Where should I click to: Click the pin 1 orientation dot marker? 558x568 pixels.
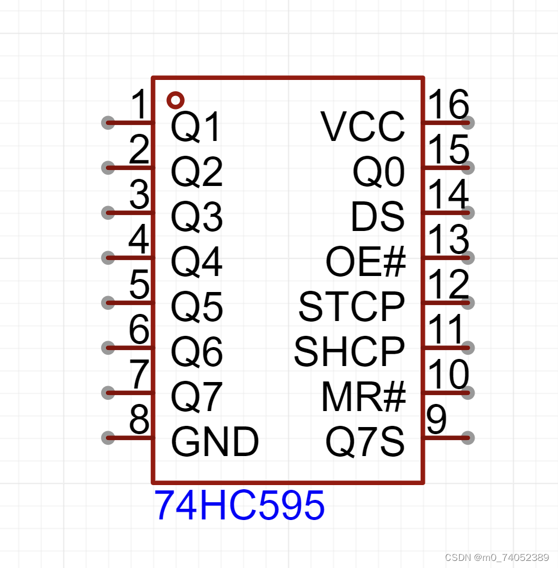tap(175, 100)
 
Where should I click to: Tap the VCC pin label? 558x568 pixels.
tap(363, 127)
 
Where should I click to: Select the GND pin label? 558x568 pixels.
tap(215, 442)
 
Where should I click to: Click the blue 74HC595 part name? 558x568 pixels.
tap(240, 505)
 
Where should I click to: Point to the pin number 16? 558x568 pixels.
tap(449, 105)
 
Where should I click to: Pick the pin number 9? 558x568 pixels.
tap(437, 420)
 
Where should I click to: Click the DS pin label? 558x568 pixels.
tap(378, 217)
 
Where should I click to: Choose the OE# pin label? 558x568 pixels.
tap(366, 262)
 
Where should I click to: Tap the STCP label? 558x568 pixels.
tap(351, 307)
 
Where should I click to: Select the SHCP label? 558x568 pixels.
tap(349, 352)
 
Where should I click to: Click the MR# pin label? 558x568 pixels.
tap(363, 397)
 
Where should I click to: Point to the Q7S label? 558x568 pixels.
tap(365, 442)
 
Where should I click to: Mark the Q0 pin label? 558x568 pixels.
tap(379, 172)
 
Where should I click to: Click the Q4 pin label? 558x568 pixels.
tap(196, 262)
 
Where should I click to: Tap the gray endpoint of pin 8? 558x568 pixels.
tap(108, 438)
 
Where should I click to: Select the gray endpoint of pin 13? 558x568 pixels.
tap(467, 258)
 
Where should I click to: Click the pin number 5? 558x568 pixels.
tap(140, 285)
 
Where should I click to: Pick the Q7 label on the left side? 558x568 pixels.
tap(196, 397)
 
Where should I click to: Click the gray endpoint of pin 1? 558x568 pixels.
tap(108, 123)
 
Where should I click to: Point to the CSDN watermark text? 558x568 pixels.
tap(496, 557)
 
